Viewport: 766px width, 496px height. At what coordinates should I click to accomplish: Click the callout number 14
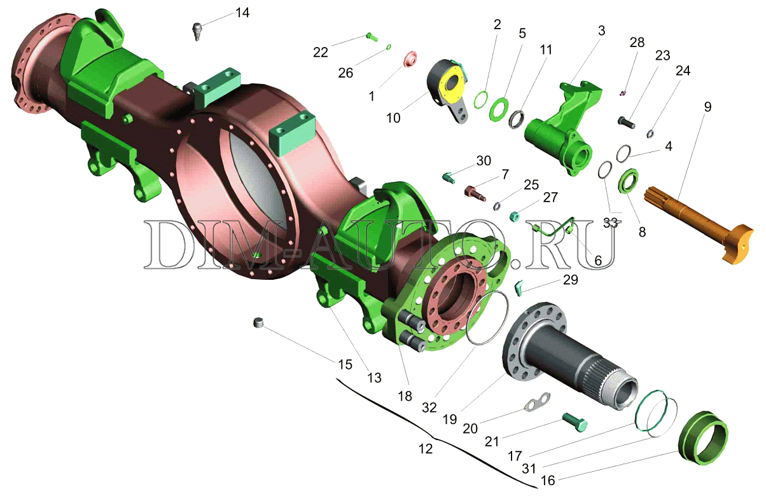point(242,13)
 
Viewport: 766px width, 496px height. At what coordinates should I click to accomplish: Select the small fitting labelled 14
point(197,31)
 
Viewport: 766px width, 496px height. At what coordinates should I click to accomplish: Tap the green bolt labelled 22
point(372,37)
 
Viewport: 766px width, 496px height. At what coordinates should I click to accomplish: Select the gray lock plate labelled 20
point(537,402)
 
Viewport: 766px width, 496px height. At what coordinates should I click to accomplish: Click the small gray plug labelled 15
point(259,322)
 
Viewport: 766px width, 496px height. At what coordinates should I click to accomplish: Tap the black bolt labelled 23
point(626,122)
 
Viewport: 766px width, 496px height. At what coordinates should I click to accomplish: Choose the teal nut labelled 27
point(515,216)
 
